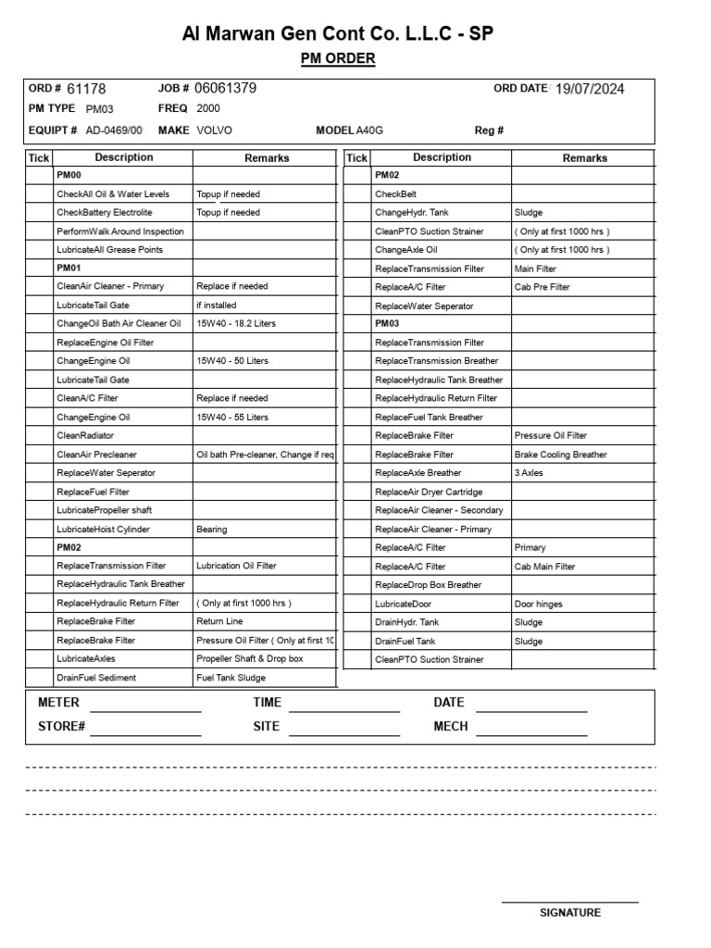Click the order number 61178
click(x=86, y=89)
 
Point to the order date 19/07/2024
click(x=590, y=89)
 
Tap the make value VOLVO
click(x=215, y=131)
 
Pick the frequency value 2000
click(x=208, y=108)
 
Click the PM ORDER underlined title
click(x=338, y=59)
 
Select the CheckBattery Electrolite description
click(x=105, y=213)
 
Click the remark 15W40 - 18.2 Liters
click(x=236, y=324)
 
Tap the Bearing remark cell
click(x=212, y=530)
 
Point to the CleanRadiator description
click(x=85, y=435)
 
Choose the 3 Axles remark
click(x=529, y=473)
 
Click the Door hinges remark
click(x=538, y=604)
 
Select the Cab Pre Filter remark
click(x=543, y=287)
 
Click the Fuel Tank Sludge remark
click(x=231, y=678)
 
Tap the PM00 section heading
click(x=69, y=175)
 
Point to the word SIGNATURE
click(x=570, y=913)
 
